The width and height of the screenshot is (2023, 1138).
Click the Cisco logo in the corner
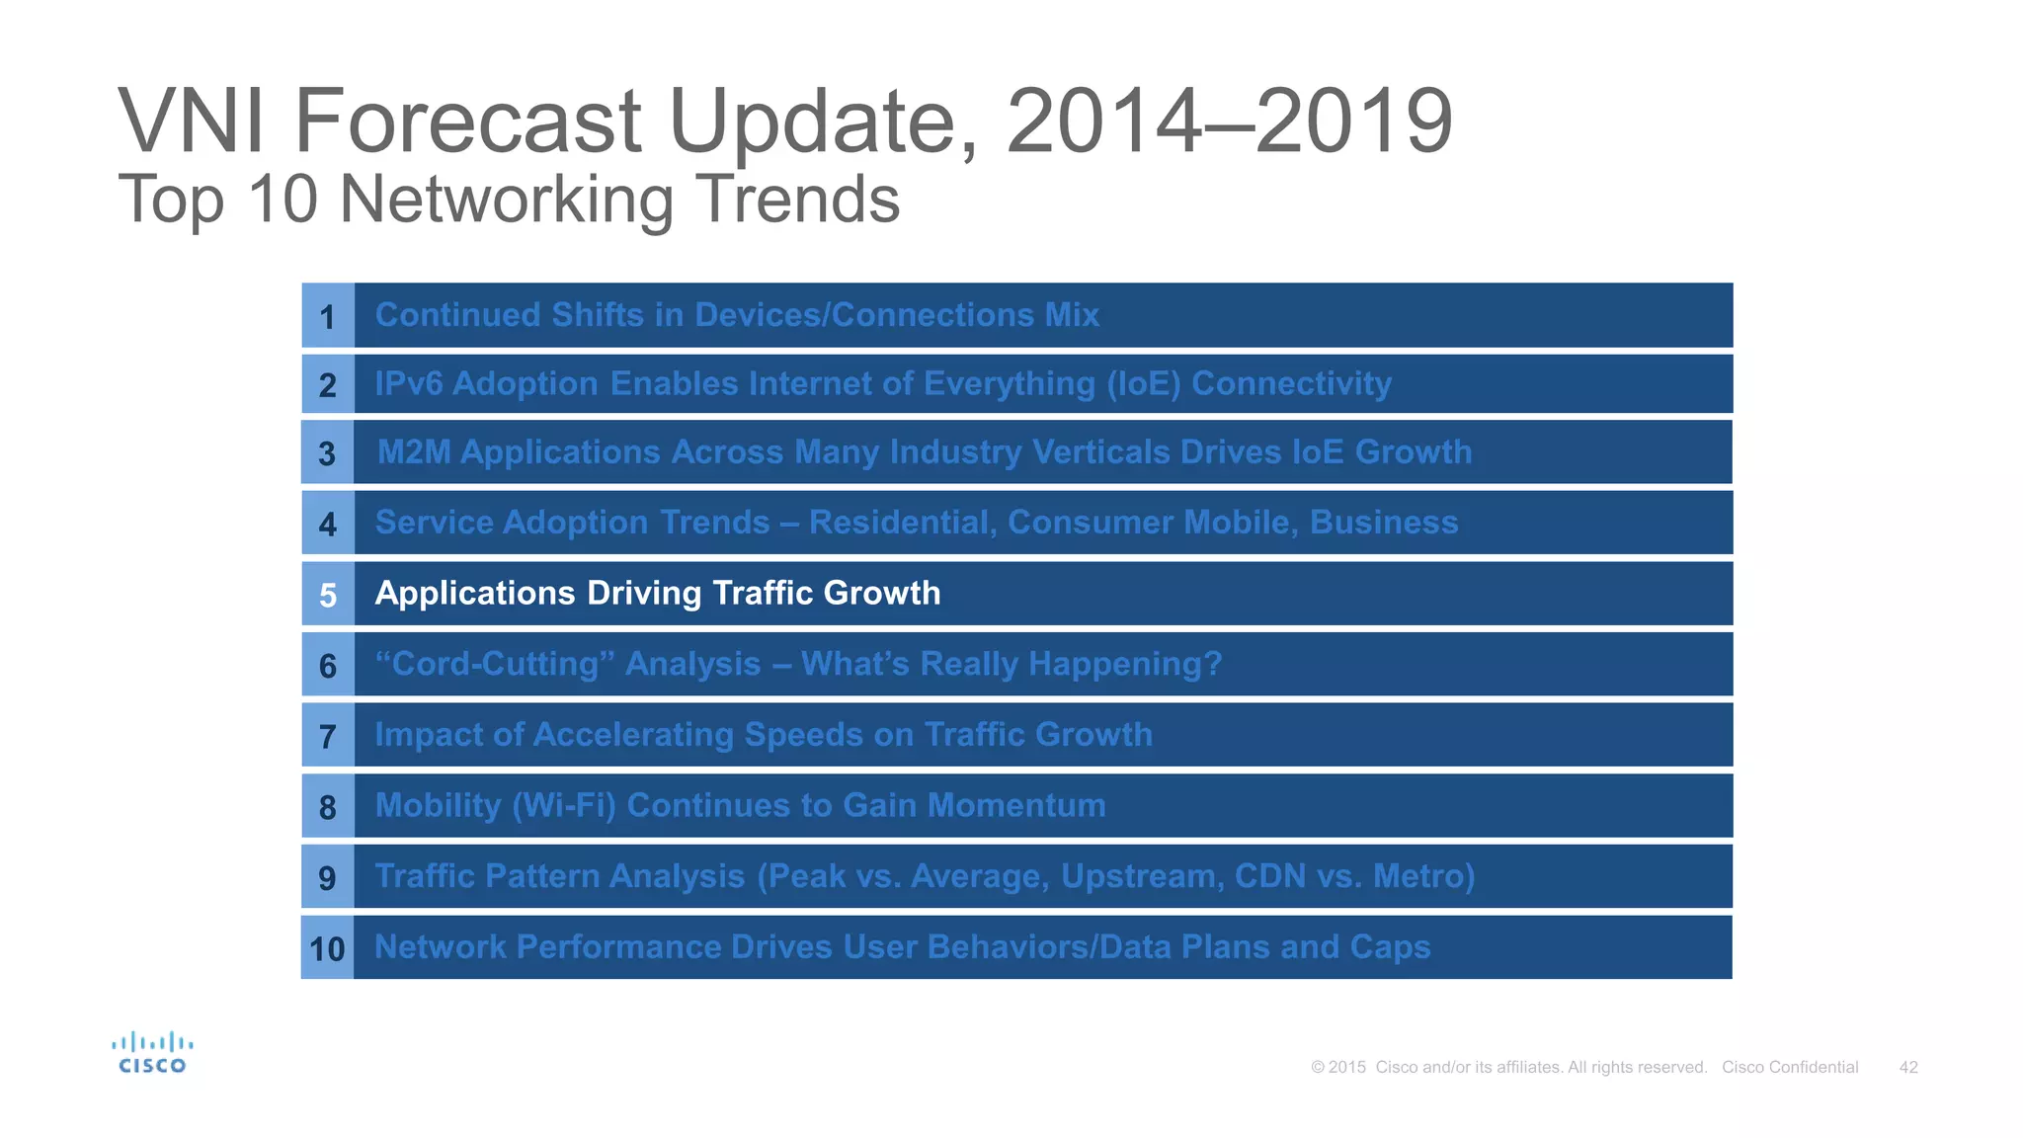pyautogui.click(x=152, y=1053)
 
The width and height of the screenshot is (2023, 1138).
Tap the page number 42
pyautogui.click(x=1908, y=1067)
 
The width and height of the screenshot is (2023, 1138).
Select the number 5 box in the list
pyautogui.click(x=328, y=595)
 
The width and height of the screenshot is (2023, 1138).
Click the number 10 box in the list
pyautogui.click(x=327, y=948)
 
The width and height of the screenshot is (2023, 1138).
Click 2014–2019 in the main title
pyautogui.click(x=1229, y=122)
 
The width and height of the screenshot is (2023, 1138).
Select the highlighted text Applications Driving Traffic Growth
pyautogui.click(x=657, y=593)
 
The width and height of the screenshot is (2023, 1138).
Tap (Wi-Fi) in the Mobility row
pyautogui.click(x=564, y=805)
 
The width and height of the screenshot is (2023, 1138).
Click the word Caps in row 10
pyautogui.click(x=1390, y=946)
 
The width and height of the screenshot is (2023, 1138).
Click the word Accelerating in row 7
pyautogui.click(x=632, y=735)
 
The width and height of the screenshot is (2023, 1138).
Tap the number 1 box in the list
pyautogui.click(x=328, y=316)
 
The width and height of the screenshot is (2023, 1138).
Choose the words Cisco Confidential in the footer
pyautogui.click(x=1790, y=1067)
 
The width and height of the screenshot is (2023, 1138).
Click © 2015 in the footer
pyautogui.click(x=1338, y=1067)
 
